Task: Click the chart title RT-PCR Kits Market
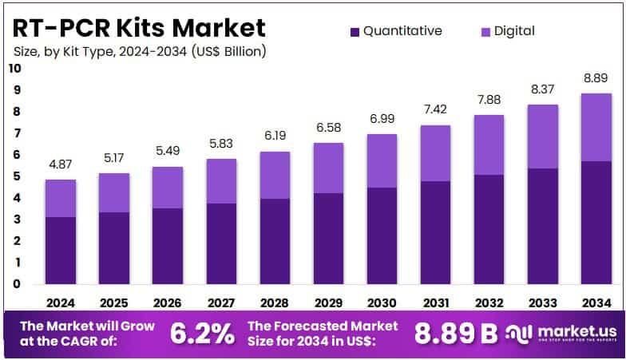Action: pos(139,27)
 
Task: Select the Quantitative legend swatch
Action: pos(355,31)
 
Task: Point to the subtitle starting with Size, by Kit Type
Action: pos(140,51)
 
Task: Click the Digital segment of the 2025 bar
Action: pos(114,192)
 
